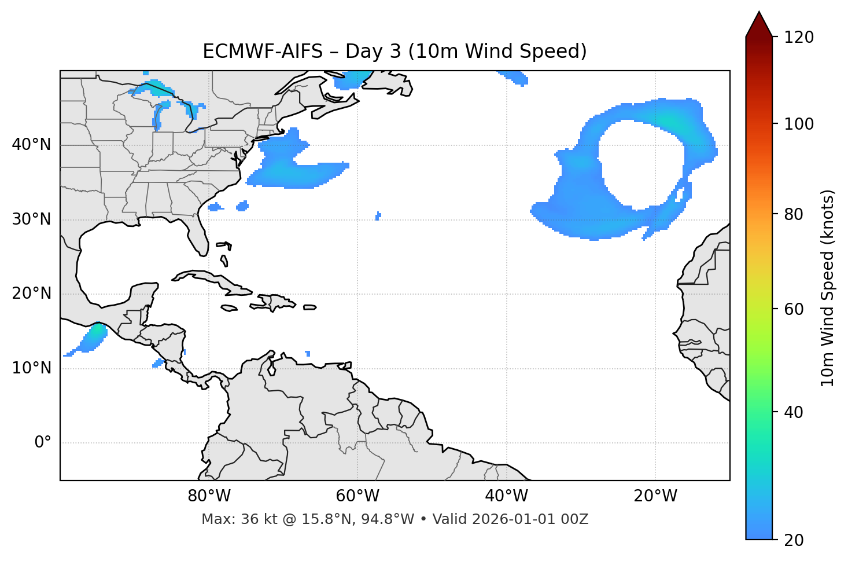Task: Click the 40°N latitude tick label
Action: pos(31,145)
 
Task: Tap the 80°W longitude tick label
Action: pos(209,496)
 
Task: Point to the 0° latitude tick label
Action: pos(43,443)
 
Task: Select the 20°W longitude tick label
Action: pos(655,496)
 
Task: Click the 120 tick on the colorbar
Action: pos(799,38)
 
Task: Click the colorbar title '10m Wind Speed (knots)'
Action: pos(828,288)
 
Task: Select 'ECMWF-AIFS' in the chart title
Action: pos(263,52)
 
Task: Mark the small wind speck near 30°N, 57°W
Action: pos(378,216)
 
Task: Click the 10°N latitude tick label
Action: pos(31,368)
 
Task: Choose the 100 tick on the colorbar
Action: pos(799,124)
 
